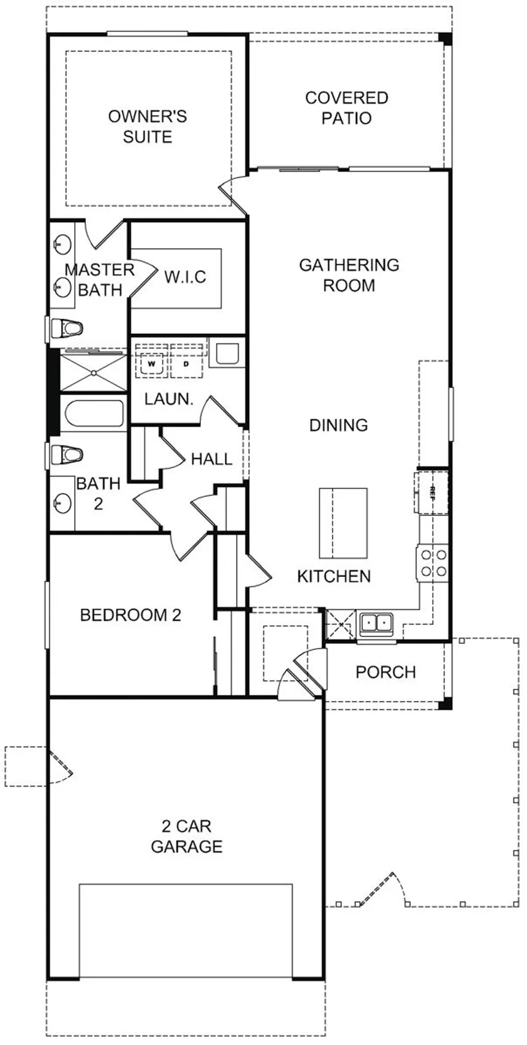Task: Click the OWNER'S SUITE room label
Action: (x=148, y=126)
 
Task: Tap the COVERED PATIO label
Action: (x=346, y=108)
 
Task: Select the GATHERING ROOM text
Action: (x=349, y=275)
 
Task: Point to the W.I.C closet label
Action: (x=185, y=277)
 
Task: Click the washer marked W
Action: (x=151, y=364)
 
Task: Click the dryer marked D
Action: (x=186, y=364)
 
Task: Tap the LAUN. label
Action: (x=169, y=399)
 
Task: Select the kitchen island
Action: (x=343, y=523)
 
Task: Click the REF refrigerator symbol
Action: (x=431, y=492)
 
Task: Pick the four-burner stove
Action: (x=433, y=563)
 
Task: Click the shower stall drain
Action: (x=94, y=372)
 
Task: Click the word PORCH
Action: (x=385, y=672)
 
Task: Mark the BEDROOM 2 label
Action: (x=131, y=615)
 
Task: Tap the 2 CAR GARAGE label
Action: (x=187, y=836)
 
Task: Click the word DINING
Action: (x=338, y=425)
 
